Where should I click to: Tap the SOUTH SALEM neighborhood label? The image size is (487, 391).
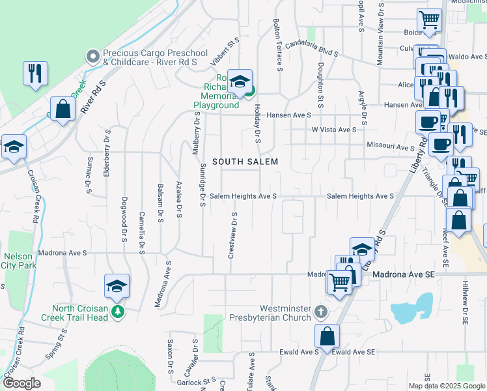pos(245,162)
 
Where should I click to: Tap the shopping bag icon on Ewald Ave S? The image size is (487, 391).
pos(327,337)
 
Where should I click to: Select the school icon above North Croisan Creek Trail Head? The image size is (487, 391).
pos(117,285)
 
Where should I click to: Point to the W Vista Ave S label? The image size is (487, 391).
pos(334,130)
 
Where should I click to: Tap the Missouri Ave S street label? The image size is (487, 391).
pos(391,147)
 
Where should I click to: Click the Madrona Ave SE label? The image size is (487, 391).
pos(402,275)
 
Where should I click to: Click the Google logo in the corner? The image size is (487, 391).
pos(21,383)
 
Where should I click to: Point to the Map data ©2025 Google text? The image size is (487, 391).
pos(445,386)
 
